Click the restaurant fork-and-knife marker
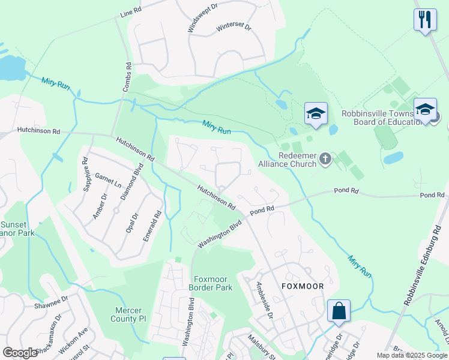pos(425,20)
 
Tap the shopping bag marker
pos(339,312)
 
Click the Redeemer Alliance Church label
pos(287,159)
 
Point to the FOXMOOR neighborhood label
pos(303,286)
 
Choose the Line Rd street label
pos(130,12)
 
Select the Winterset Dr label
pos(234,28)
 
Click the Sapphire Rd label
pos(86,173)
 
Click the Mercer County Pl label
pos(130,314)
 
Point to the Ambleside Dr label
pos(264,300)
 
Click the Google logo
pos(20,353)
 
